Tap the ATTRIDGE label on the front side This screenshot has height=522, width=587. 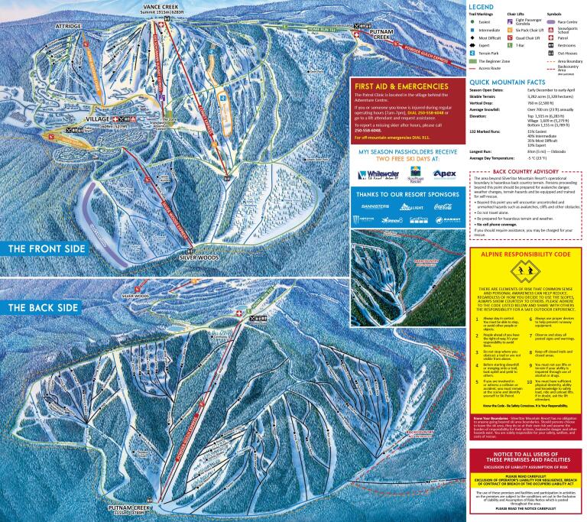click(x=68, y=25)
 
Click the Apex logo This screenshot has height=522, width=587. click(x=446, y=194)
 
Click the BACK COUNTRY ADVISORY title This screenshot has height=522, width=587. click(x=531, y=171)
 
